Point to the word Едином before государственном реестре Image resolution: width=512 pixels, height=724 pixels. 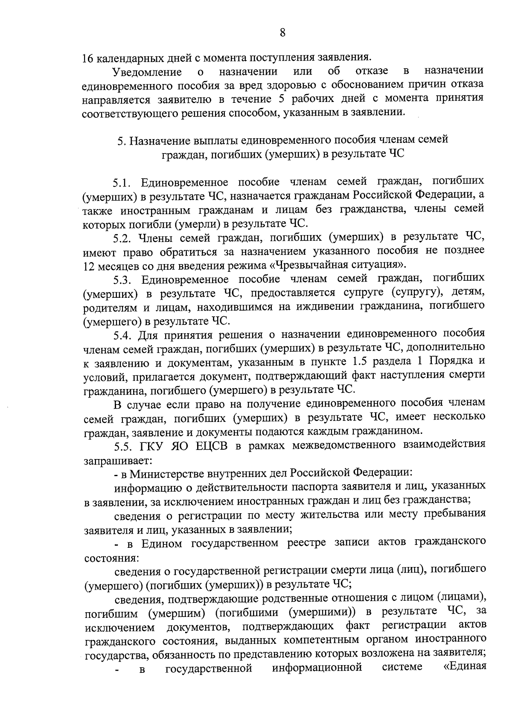(x=162, y=543)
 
